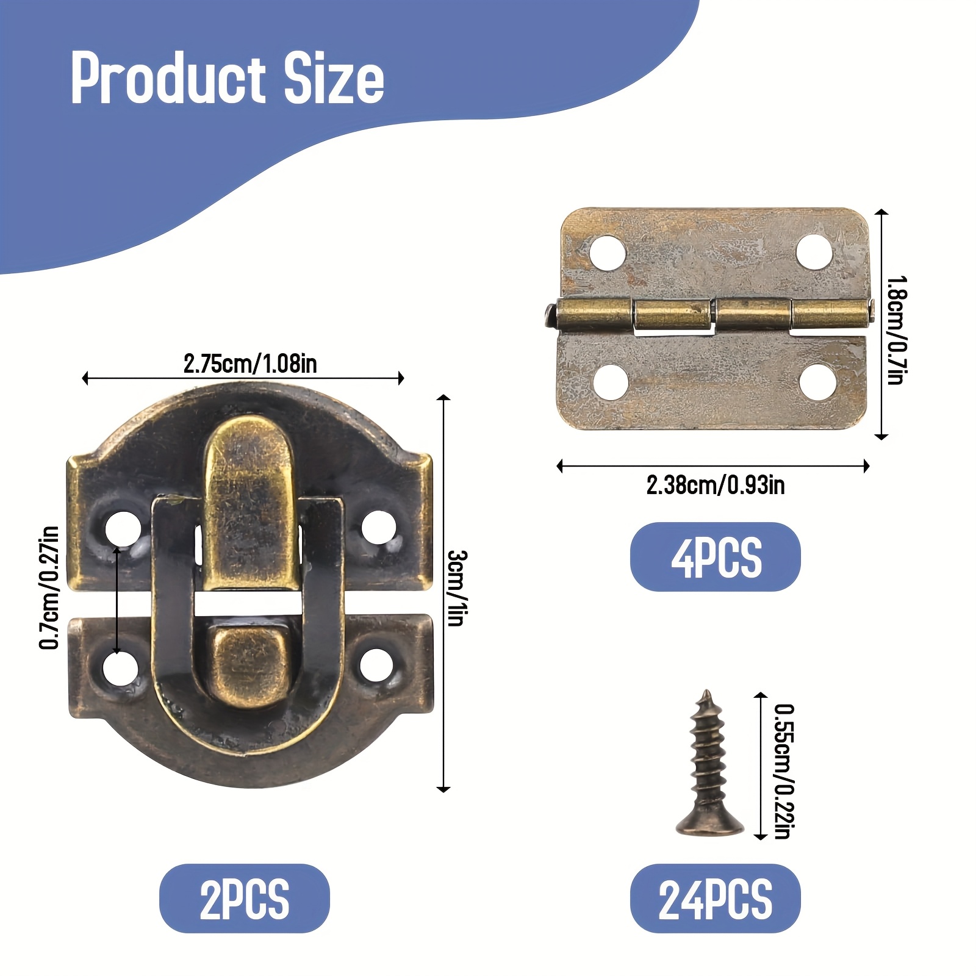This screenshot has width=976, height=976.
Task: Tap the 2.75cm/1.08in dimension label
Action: [x=250, y=364]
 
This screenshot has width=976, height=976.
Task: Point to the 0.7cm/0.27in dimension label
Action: [x=49, y=587]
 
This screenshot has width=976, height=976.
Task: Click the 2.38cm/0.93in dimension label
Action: [x=716, y=486]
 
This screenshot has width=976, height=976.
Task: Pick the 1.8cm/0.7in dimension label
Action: [x=897, y=330]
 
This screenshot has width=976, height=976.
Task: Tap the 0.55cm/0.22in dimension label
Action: [x=784, y=771]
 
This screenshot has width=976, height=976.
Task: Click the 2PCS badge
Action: [x=245, y=899]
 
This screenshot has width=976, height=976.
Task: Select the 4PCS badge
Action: [x=716, y=557]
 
